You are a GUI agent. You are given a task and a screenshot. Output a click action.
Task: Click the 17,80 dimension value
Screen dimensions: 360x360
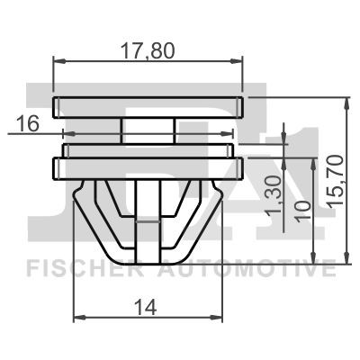coord(148,51)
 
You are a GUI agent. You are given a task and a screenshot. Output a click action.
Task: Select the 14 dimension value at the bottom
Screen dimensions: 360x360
coord(148,306)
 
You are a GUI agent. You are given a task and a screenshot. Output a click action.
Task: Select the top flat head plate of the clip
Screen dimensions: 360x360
coord(148,105)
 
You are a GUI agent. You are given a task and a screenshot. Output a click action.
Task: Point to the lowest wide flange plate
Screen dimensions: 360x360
coord(148,166)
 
